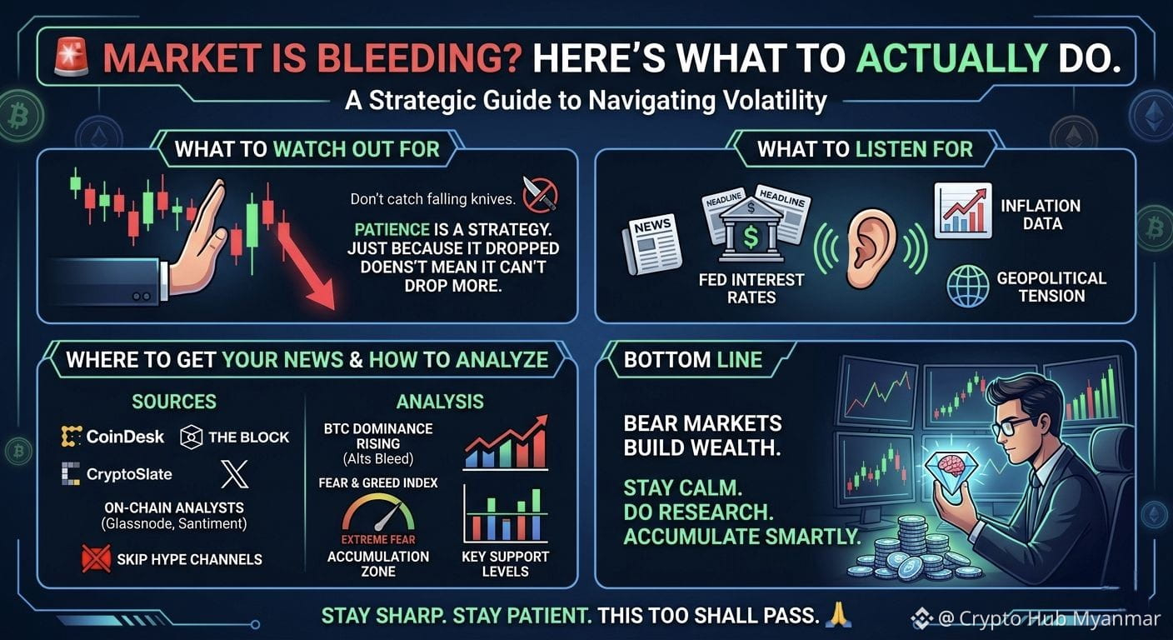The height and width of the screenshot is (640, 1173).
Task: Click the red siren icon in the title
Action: click(72, 57)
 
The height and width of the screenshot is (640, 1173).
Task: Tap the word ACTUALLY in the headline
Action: click(951, 57)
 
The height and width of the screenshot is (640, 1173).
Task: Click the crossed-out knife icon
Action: click(540, 194)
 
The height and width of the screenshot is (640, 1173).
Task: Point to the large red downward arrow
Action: click(307, 267)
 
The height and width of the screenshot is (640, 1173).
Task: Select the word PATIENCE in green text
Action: click(392, 229)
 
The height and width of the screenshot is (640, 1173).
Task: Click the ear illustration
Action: click(871, 249)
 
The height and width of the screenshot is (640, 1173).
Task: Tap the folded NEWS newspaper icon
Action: click(652, 244)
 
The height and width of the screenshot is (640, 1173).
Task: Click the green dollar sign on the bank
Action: click(751, 237)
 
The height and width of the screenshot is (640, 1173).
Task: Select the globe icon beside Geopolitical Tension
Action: click(968, 286)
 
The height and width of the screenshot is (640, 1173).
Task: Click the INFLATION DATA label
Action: click(1041, 215)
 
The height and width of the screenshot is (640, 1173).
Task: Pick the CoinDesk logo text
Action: click(125, 437)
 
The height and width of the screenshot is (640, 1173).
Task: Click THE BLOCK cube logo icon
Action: click(191, 437)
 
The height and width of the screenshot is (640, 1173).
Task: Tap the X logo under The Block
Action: click(234, 474)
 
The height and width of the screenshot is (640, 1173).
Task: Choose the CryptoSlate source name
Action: click(129, 474)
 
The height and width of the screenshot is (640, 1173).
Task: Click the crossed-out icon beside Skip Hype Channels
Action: click(97, 558)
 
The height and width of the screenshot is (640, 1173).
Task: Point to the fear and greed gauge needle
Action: click(388, 517)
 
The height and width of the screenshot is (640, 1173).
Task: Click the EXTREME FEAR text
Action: click(378, 539)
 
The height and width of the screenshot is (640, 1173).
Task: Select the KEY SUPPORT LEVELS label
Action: click(506, 563)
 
